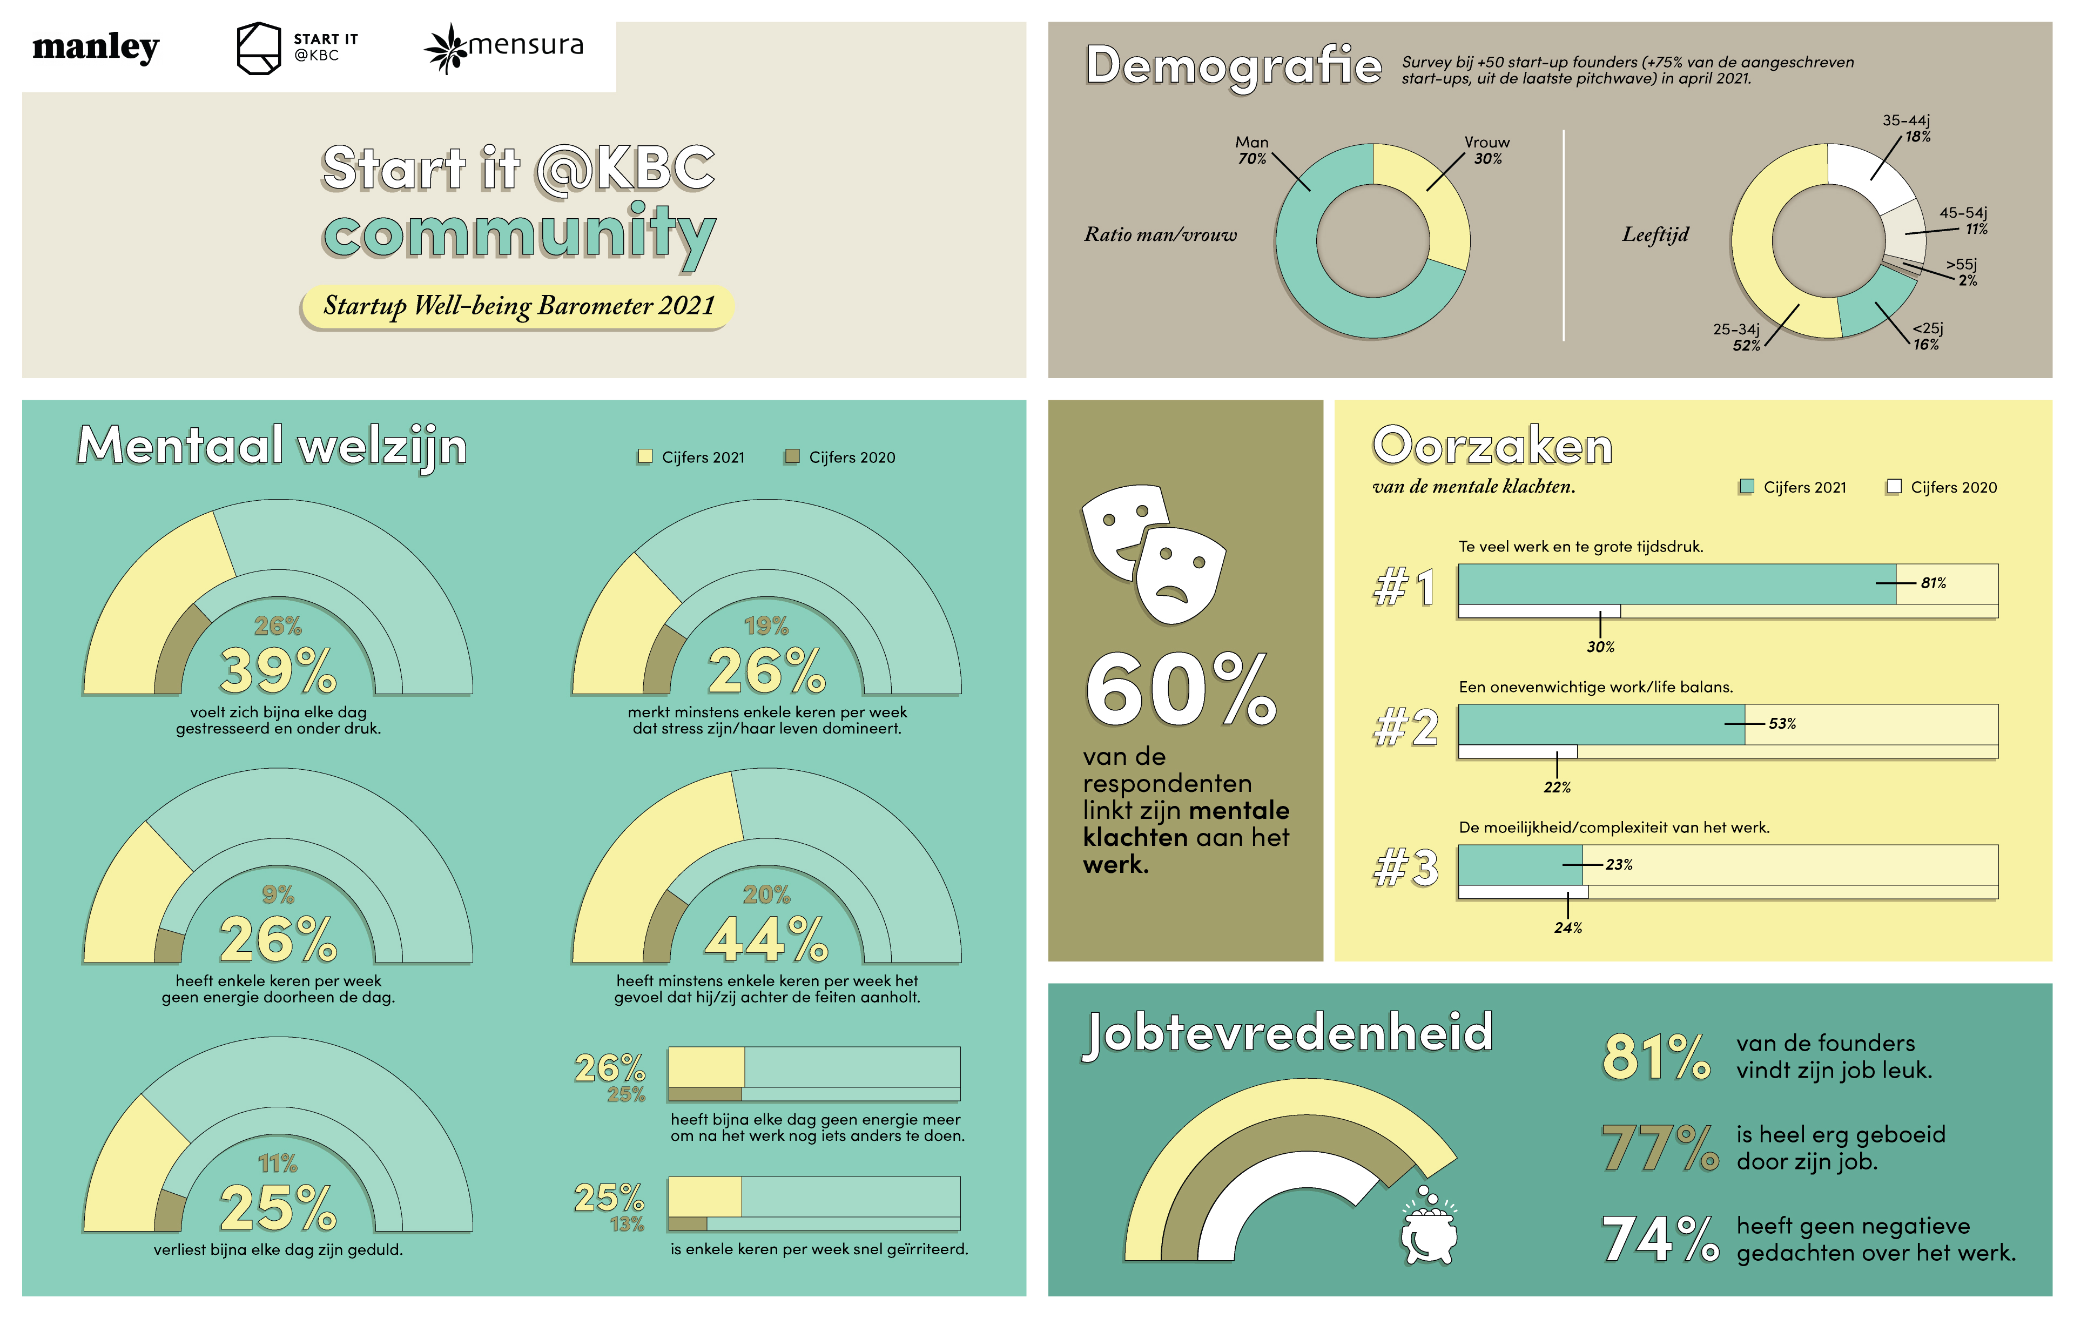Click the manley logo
click(96, 48)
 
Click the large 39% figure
click(277, 671)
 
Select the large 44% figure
click(766, 940)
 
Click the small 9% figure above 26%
click(277, 895)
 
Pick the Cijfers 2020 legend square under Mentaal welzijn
click(792, 456)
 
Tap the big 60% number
click(1181, 691)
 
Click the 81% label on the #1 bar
click(1932, 583)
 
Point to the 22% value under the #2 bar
click(1557, 788)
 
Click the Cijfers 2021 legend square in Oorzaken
click(1747, 487)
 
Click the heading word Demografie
click(1234, 66)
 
